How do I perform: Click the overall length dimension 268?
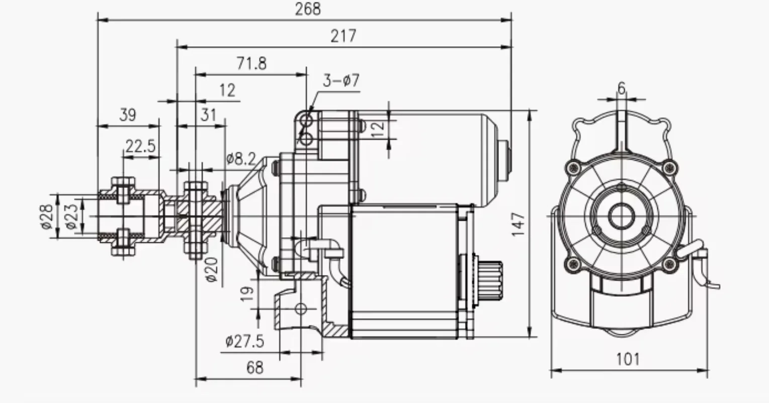[308, 9]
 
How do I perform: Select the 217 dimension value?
[343, 36]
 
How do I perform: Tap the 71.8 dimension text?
[251, 63]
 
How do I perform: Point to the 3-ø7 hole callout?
[341, 81]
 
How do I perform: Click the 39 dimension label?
[127, 115]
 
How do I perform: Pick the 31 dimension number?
[208, 115]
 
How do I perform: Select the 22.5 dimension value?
[141, 147]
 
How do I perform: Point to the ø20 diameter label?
[212, 270]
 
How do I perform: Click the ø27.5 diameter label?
[244, 341]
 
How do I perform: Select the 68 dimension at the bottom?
[255, 368]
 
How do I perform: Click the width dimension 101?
[628, 359]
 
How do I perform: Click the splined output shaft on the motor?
[492, 282]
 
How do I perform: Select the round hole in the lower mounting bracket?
[301, 308]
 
